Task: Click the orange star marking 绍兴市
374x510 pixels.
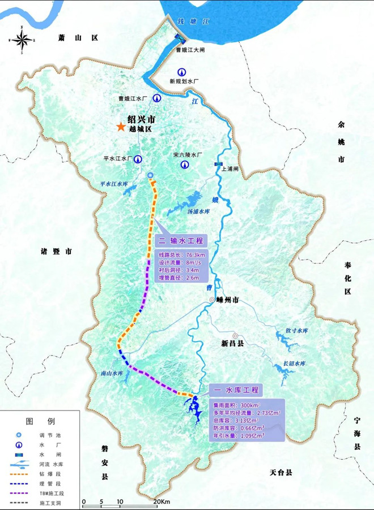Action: coord(120,127)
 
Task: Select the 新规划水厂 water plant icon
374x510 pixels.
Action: coord(181,72)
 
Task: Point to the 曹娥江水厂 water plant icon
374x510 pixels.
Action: coord(158,98)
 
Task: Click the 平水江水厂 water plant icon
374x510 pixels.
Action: coord(138,159)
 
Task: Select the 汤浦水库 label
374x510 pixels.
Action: coord(199,211)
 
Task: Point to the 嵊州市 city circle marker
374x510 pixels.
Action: coord(211,300)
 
